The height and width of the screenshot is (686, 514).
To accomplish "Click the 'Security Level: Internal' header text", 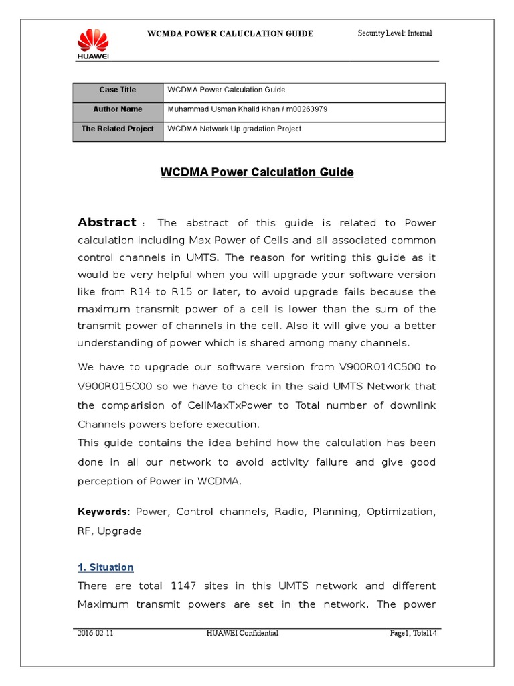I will point(395,33).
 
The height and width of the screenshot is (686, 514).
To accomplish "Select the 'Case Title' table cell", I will point(118,90).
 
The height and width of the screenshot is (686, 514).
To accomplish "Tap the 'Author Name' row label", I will point(118,109).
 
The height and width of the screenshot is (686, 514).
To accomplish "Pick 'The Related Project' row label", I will point(118,129).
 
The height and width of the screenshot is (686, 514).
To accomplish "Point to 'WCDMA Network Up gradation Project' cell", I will point(234,129).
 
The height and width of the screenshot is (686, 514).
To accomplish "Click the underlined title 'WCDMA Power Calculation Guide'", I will point(257,172).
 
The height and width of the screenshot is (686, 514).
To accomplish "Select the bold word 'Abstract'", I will point(107,222).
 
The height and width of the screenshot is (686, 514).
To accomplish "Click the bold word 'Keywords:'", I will point(104,512).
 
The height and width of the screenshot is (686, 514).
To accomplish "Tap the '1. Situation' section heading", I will point(106,567).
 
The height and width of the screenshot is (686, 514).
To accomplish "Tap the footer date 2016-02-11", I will point(90,633).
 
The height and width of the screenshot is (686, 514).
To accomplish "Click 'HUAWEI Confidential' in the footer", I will point(242,633).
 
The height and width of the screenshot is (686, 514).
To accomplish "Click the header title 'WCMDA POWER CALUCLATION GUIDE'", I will point(230,33).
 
